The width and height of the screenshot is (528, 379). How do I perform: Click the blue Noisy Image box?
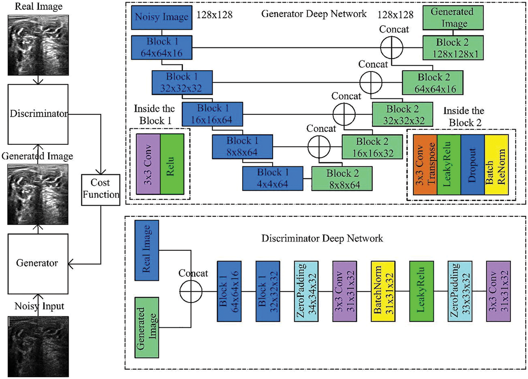pos(162,17)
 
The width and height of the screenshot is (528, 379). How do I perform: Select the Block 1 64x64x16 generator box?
pos(162,47)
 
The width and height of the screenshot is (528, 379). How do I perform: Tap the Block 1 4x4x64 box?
pos(272,178)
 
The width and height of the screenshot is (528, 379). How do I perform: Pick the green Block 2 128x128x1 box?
pos(453,48)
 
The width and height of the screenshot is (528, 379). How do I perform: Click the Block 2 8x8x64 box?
pos(342,179)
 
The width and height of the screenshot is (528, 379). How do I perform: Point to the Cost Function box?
pos(101,189)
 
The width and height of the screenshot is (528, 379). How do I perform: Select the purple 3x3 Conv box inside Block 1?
pos(148,164)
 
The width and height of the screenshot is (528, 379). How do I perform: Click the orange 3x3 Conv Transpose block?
pos(425,164)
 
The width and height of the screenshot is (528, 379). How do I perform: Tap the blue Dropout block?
pos(472,164)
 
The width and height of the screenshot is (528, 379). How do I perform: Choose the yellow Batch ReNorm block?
pos(496,164)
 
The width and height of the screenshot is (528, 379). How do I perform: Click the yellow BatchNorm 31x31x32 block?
pos(383,291)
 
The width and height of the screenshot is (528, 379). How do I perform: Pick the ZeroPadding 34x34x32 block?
pos(306,291)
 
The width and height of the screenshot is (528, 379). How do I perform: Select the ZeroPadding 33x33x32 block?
pos(460,291)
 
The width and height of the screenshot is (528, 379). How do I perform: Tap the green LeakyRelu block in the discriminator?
pos(421,291)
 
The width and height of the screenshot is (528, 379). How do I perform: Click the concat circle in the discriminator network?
pos(191,291)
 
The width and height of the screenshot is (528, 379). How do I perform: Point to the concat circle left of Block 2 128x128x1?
pos(391,48)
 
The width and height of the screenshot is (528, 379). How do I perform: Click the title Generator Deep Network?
pos(314,14)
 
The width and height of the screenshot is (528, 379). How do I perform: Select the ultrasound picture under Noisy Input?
pos(38,346)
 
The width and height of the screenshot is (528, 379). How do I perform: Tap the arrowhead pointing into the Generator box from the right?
pos(70,264)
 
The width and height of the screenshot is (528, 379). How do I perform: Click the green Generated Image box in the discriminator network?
pos(146,327)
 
